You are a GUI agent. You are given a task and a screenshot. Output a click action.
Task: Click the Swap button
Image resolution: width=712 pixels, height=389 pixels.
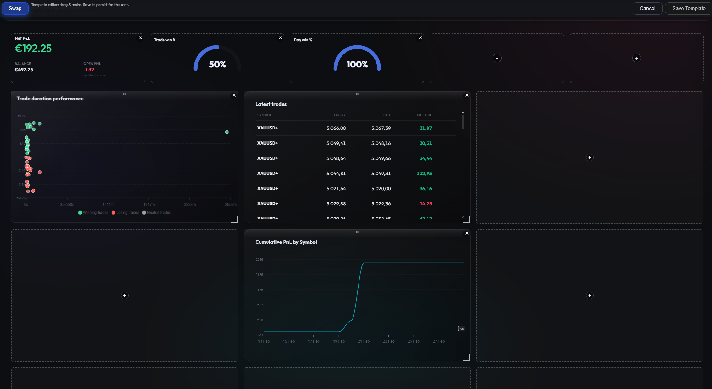(15, 9)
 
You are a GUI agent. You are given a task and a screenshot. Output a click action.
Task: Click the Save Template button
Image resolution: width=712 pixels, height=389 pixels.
(688, 9)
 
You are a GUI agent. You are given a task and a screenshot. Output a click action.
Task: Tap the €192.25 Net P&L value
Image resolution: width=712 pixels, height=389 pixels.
(33, 49)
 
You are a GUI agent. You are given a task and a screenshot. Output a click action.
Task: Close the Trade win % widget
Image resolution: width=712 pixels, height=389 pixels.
(280, 38)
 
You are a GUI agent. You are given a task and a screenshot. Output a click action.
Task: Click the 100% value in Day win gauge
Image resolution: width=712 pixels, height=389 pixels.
(357, 65)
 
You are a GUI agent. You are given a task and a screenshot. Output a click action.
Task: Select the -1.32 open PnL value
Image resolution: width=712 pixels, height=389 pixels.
(89, 70)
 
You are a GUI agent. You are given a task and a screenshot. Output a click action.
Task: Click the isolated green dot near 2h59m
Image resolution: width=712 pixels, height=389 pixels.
(227, 132)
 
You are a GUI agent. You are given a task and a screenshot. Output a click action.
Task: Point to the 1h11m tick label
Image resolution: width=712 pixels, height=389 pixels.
(108, 205)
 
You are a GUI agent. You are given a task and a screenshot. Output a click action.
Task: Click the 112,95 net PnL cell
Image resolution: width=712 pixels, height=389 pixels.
(424, 174)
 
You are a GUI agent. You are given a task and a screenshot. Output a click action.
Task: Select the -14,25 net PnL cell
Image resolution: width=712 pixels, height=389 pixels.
(424, 204)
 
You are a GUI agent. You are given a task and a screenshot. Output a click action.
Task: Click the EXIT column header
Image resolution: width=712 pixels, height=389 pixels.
(387, 115)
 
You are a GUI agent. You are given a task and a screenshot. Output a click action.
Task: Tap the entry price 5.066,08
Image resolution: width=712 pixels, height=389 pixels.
(336, 128)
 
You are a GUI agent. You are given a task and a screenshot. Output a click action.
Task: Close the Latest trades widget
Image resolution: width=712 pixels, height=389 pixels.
(467, 95)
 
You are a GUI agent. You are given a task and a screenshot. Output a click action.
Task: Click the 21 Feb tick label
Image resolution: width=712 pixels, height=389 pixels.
(364, 341)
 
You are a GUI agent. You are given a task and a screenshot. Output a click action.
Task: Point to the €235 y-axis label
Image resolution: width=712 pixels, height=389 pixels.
(259, 260)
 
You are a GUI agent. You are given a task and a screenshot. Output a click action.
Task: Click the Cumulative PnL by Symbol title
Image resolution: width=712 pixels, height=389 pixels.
(286, 242)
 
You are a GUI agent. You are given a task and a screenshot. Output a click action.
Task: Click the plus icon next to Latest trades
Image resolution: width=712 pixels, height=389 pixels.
(589, 157)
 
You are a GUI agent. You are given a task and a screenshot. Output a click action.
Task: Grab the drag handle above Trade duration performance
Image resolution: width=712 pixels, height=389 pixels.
(124, 95)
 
